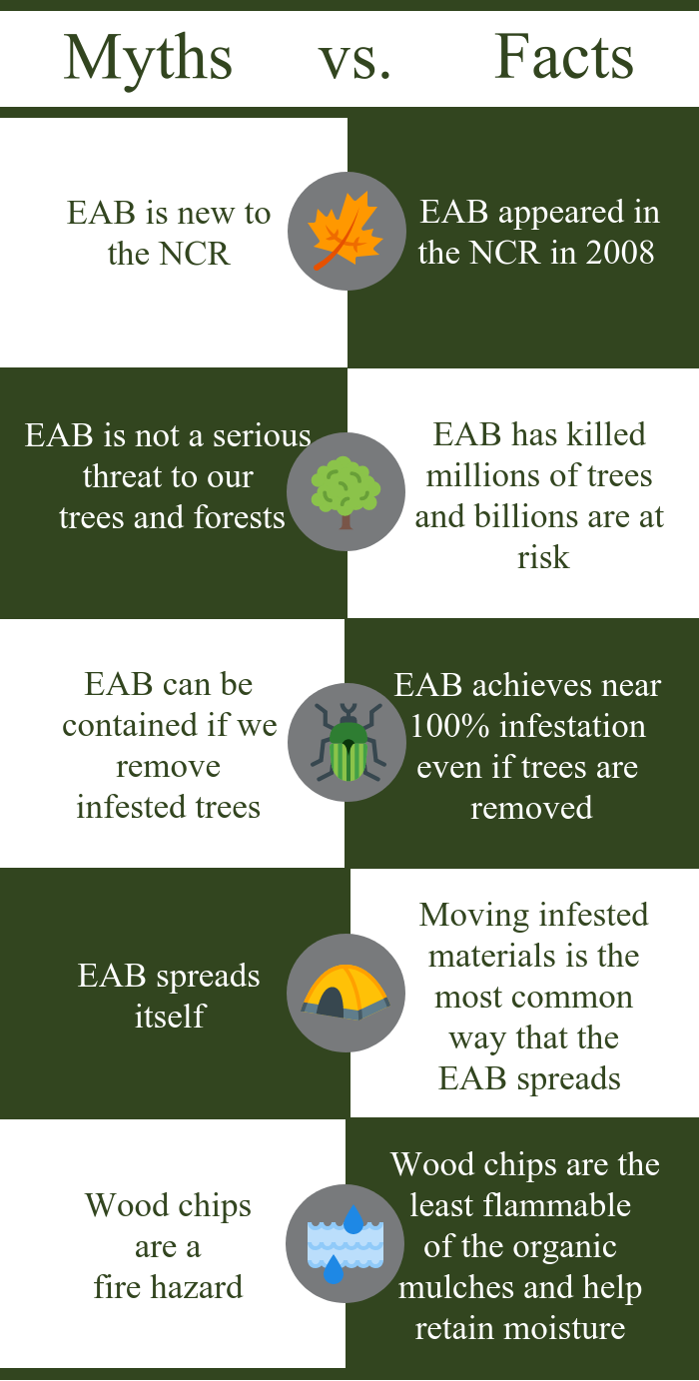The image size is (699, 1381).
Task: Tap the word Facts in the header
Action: pyautogui.click(x=564, y=57)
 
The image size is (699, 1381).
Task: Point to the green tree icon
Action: pyautogui.click(x=346, y=492)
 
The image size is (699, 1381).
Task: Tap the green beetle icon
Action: pyautogui.click(x=348, y=742)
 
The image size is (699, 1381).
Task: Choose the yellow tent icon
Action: pyautogui.click(x=346, y=992)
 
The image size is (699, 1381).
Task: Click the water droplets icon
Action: pyautogui.click(x=346, y=1244)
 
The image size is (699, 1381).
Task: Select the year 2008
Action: pyautogui.click(x=619, y=253)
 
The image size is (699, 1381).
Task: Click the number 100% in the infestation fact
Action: pyautogui.click(x=449, y=726)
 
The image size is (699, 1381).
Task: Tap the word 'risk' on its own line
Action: pyautogui.click(x=543, y=558)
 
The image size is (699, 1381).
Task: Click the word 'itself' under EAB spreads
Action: pyautogui.click(x=170, y=1016)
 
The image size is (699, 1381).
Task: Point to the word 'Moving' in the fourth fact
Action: pyautogui.click(x=465, y=916)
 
